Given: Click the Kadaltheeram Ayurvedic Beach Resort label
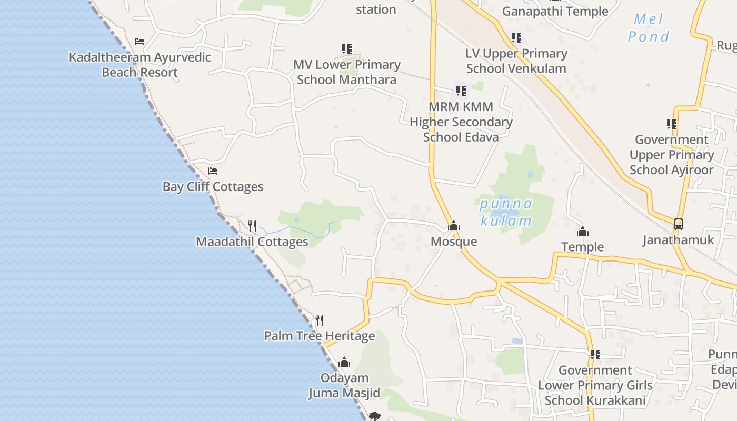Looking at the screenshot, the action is point(140,65).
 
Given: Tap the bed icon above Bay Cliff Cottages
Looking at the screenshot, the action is point(213,171).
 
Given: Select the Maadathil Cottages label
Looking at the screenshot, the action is point(252,242).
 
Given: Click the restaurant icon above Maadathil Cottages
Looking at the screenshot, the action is point(252,226).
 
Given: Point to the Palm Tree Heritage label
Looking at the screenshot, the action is point(320,336).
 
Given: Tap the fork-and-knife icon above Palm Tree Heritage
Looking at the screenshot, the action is point(319,320).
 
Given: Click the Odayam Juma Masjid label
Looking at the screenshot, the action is point(344,385).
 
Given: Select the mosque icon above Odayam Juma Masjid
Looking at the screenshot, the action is point(344,362).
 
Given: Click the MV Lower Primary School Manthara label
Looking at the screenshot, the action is point(347,72).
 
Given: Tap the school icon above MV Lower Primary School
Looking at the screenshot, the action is point(347,49).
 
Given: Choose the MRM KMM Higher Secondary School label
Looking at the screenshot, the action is point(461,122).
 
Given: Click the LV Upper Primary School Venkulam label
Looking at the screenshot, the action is point(516,61).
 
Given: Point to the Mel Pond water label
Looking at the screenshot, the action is point(649,28).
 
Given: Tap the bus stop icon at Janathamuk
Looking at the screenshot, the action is point(679,224).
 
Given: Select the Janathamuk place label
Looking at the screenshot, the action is point(678,240).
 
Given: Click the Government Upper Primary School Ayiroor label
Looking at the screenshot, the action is point(672,155).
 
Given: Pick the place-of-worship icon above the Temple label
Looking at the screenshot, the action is point(582,232).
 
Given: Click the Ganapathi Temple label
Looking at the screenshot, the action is point(555,11).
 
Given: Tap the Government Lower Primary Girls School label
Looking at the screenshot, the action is point(595,385).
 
